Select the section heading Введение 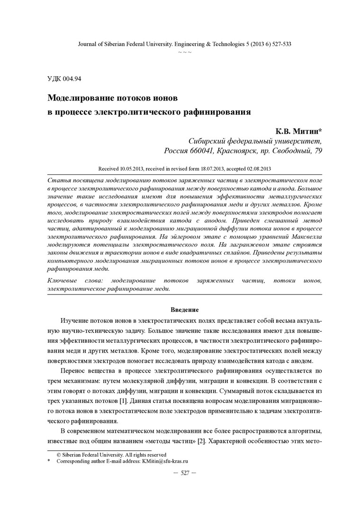184,310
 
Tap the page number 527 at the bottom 185,473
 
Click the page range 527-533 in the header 278,44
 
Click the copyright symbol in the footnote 59,454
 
